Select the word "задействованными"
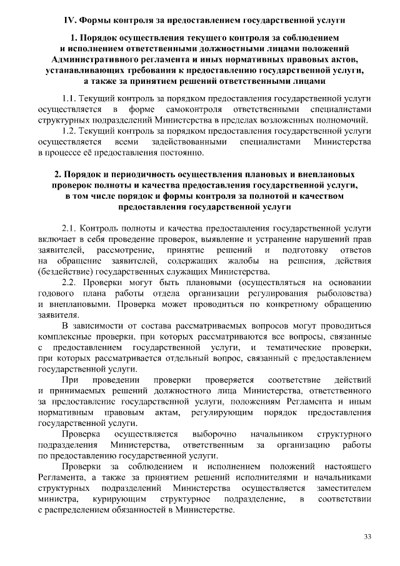coord(187,142)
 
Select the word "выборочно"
coord(211,433)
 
